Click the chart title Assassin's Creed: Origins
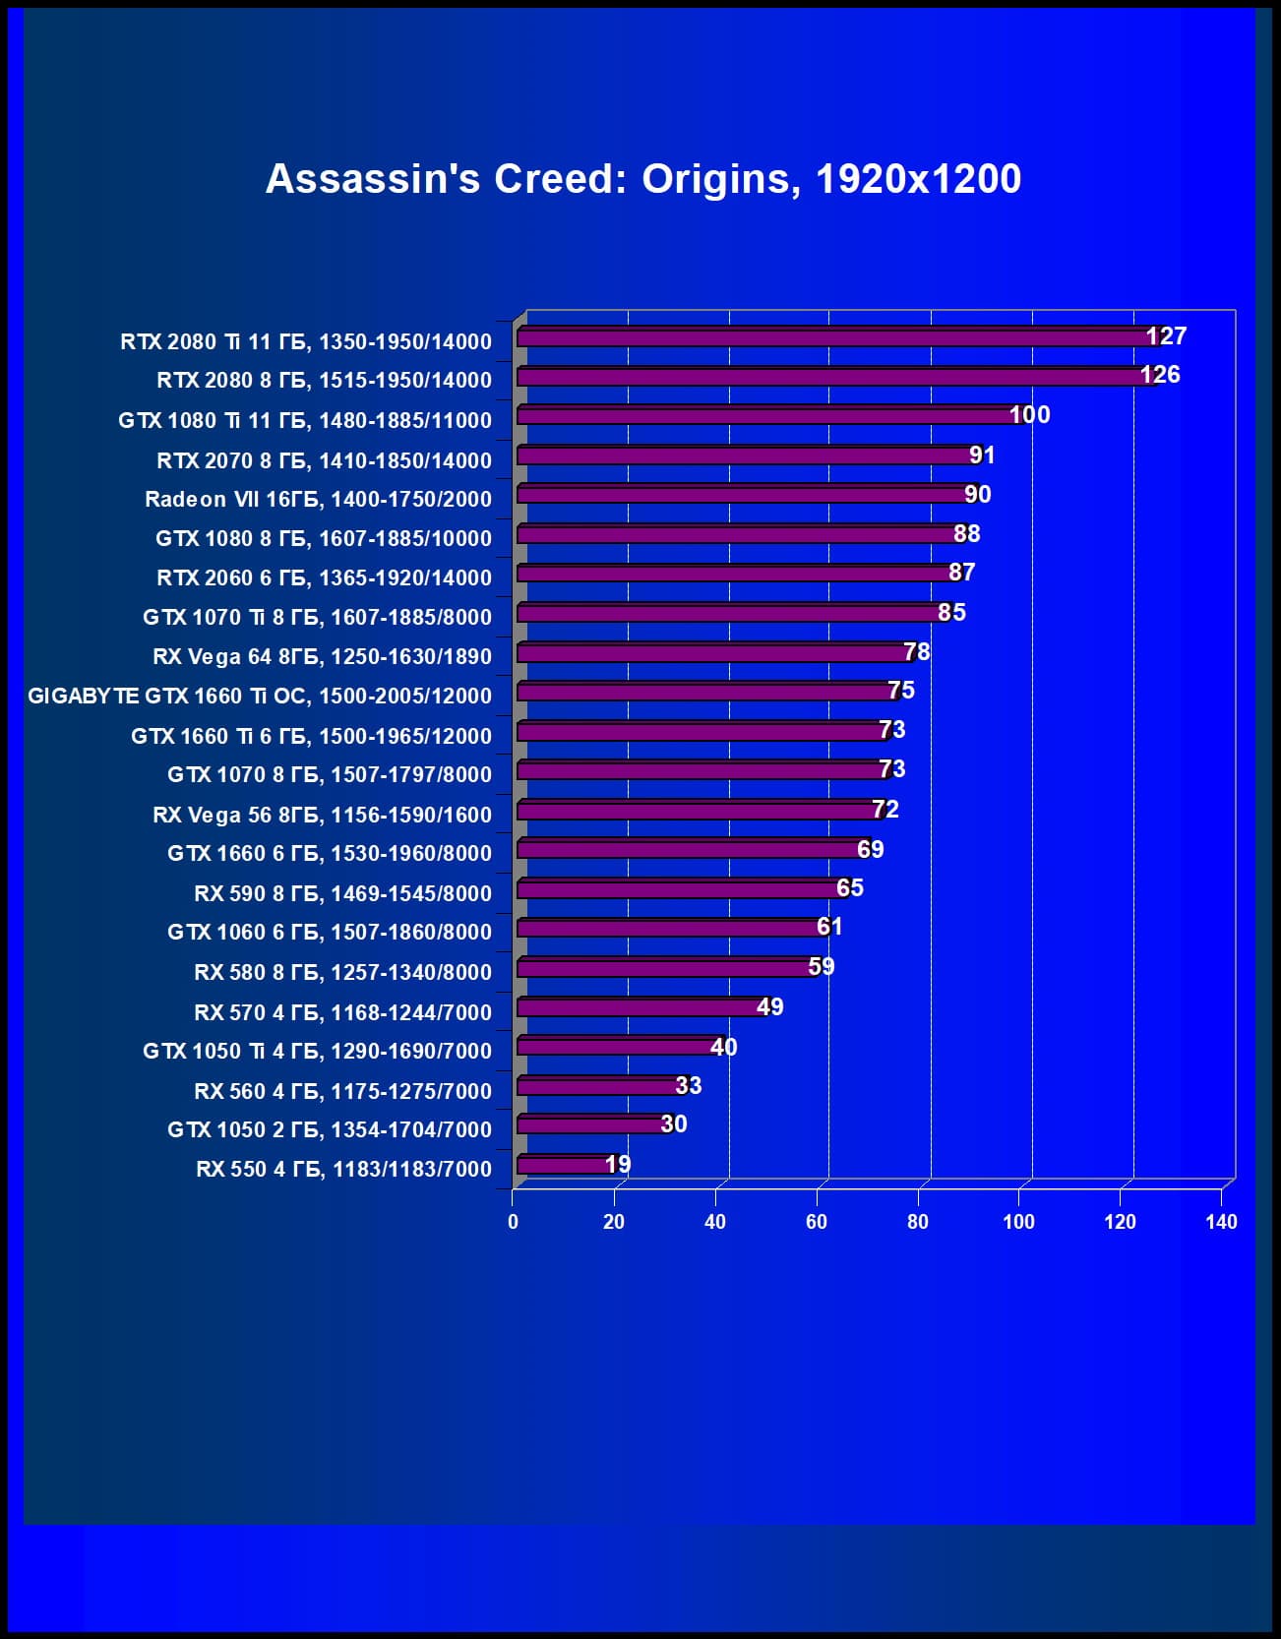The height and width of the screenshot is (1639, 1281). click(x=642, y=179)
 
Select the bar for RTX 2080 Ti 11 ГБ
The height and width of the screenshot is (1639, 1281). click(x=836, y=337)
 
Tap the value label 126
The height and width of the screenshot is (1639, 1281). click(x=1160, y=375)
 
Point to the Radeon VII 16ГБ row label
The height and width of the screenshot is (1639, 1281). click(x=318, y=499)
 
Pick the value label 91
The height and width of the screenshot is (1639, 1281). click(x=982, y=455)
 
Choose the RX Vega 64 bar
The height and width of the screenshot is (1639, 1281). click(x=713, y=653)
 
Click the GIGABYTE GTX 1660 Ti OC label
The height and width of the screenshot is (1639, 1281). click(x=260, y=696)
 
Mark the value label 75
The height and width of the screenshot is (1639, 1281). click(x=901, y=691)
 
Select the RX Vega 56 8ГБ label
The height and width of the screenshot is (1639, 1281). click(x=322, y=815)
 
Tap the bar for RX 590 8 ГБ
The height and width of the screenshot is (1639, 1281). click(x=679, y=889)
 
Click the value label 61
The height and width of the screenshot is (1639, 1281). click(x=829, y=927)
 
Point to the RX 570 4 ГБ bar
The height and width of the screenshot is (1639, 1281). click(x=640, y=1007)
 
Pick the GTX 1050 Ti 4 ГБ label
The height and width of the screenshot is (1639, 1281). click(x=317, y=1051)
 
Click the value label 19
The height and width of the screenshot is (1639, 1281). click(x=618, y=1165)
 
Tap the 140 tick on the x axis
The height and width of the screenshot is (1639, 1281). click(x=1221, y=1222)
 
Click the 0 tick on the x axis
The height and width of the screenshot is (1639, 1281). click(x=513, y=1222)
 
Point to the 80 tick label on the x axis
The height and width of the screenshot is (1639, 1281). click(x=918, y=1222)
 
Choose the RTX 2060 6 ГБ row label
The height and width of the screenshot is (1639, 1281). click(x=324, y=577)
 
